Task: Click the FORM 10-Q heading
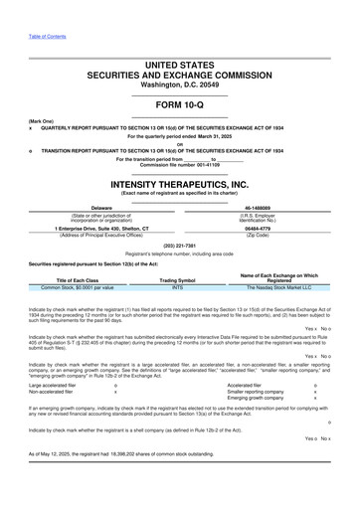(179, 104)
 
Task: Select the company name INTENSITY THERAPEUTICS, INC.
(179, 185)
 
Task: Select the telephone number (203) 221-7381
(179, 245)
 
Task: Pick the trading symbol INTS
(178, 287)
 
